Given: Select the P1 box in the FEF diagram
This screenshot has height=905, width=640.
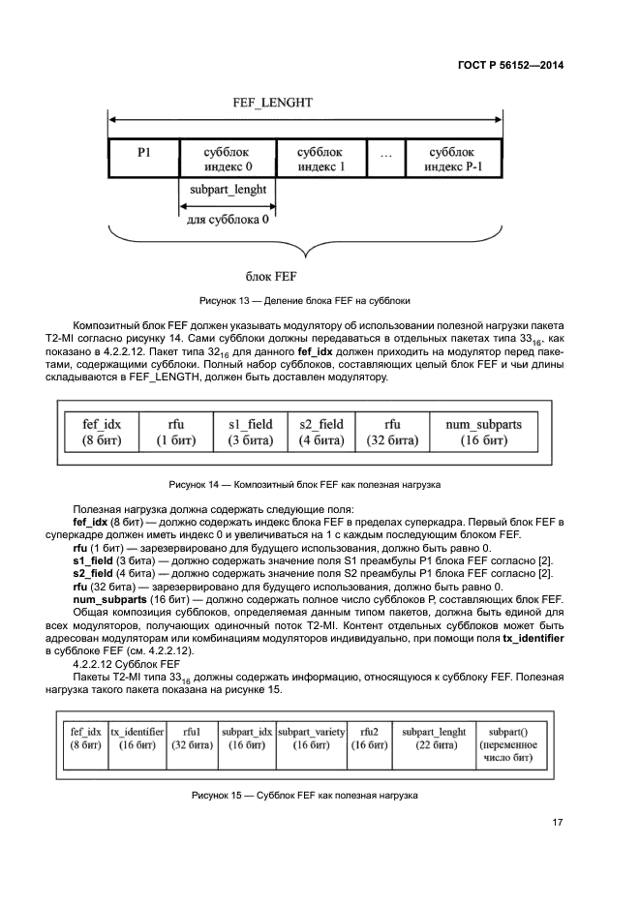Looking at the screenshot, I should coord(143,159).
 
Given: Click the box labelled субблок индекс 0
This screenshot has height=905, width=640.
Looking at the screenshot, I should coord(228,159).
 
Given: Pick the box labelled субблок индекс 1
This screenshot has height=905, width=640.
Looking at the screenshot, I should coord(320,159).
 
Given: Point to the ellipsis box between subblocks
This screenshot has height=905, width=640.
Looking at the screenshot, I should coord(386,159).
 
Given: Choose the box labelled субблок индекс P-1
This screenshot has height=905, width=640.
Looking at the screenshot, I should coord(452,159).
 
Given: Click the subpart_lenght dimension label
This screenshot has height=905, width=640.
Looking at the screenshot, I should coord(228,190).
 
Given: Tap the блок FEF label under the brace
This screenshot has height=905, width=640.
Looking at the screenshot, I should coord(305,276).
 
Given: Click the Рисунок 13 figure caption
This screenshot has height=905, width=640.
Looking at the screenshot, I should coord(305,301).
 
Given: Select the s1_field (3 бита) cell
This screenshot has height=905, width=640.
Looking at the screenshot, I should coord(251,432).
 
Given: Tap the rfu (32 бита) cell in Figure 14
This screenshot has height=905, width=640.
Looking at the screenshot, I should coord(392,432).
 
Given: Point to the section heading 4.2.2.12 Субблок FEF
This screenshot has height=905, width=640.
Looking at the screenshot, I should coord(126,665).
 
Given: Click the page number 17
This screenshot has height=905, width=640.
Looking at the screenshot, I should coord(558,823).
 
